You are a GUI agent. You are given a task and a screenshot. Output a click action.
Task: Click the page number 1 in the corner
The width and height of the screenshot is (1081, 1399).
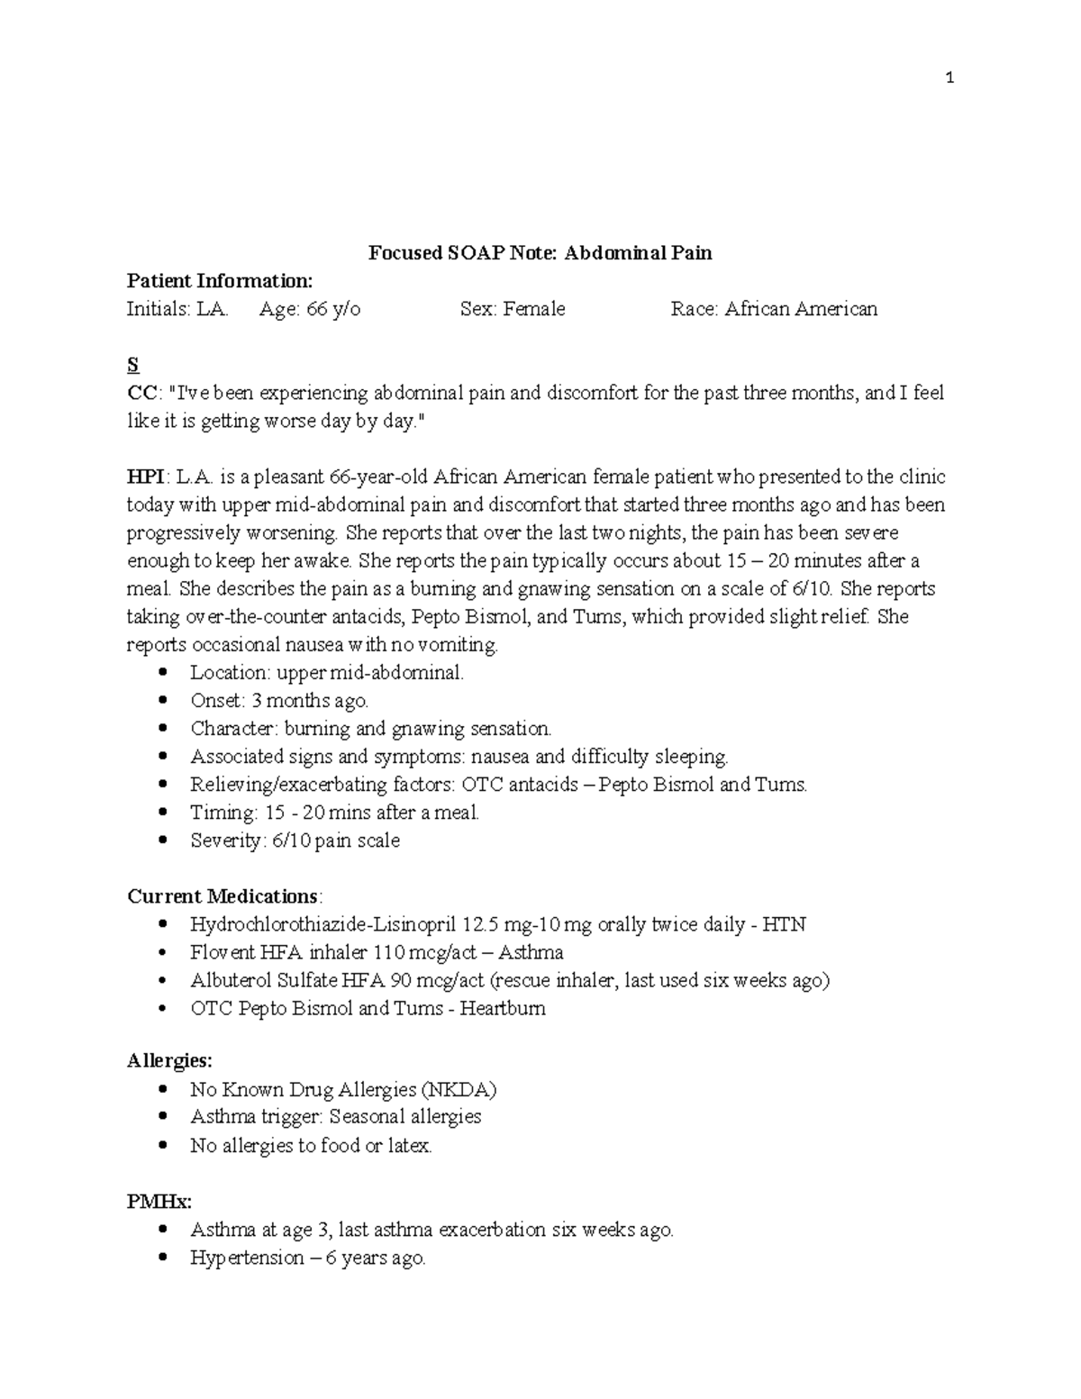[949, 78]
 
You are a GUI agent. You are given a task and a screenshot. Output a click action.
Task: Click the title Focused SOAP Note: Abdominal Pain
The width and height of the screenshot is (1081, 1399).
[540, 253]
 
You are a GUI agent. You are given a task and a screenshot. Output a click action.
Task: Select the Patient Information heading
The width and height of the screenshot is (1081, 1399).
[219, 281]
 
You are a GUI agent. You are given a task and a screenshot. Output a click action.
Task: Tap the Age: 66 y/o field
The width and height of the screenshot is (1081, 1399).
[309, 309]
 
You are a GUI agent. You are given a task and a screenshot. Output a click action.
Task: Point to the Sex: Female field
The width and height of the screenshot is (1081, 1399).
[512, 309]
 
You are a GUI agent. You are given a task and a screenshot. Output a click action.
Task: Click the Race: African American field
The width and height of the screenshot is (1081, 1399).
[773, 309]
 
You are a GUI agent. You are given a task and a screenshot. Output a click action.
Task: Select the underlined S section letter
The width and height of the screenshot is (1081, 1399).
[132, 365]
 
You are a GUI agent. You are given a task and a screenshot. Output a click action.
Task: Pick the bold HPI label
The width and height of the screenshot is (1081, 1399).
[144, 477]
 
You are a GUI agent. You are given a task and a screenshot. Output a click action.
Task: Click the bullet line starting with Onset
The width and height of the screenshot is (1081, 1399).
[278, 701]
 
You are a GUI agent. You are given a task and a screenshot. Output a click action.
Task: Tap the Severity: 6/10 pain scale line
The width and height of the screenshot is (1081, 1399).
[295, 840]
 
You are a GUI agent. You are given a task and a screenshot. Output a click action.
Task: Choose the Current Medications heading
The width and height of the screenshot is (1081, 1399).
[223, 896]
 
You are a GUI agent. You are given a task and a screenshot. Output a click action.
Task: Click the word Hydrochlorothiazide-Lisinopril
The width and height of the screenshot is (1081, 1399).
[322, 924]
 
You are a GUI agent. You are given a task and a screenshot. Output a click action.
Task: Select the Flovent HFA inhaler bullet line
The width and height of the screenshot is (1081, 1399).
[376, 952]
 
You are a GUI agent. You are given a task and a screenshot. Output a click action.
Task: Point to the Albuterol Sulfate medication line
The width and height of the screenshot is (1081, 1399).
[509, 980]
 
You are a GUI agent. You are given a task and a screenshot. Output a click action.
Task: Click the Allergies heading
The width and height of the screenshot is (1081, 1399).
[169, 1061]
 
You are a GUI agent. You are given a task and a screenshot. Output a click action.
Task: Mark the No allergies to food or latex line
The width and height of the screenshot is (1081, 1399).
[311, 1146]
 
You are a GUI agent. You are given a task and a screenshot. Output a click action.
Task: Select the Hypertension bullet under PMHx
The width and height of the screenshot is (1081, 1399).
[307, 1258]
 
